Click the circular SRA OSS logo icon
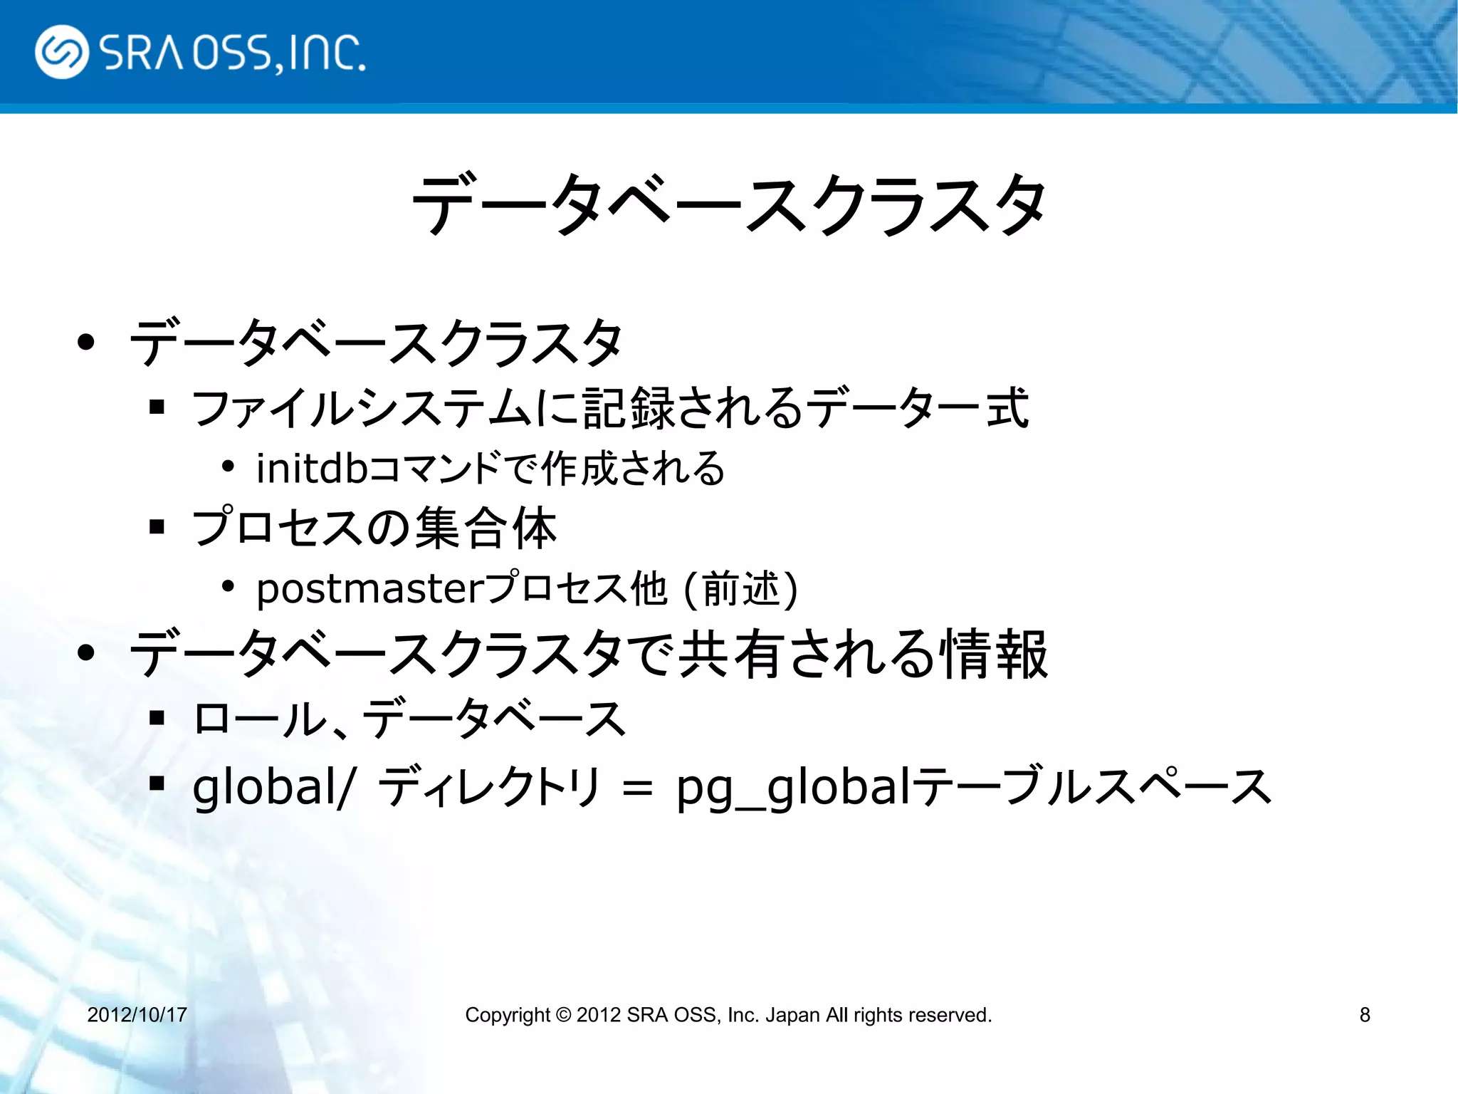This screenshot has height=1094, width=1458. (x=61, y=52)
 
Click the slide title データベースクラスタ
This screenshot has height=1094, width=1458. (x=729, y=205)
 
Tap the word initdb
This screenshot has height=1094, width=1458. (x=312, y=469)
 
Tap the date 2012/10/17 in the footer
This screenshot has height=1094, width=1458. (x=137, y=1014)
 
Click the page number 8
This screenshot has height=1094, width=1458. (x=1364, y=1014)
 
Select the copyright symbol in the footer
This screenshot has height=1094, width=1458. (x=563, y=1014)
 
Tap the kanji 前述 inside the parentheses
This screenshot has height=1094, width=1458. (x=740, y=590)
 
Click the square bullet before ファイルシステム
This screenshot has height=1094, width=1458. (x=157, y=407)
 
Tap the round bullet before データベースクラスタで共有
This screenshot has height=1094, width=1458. (x=86, y=653)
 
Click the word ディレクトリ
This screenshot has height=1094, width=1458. (x=490, y=787)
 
